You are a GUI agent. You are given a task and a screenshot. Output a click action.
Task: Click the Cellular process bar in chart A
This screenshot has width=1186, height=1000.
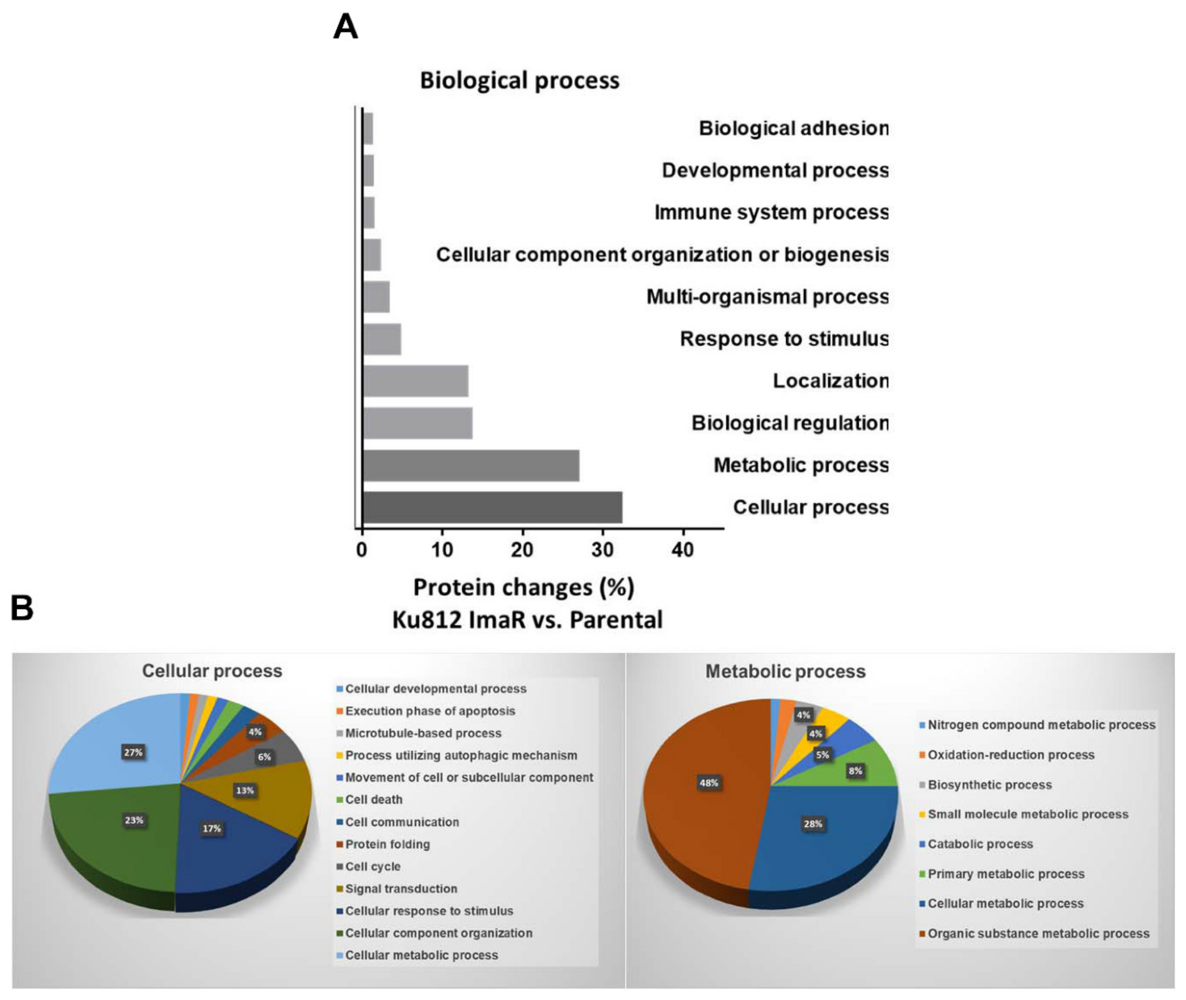[x=492, y=507]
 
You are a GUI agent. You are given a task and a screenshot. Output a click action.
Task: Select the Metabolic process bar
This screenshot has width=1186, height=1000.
[x=470, y=466]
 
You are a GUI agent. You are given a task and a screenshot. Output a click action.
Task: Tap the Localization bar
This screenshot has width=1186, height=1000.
[x=416, y=381]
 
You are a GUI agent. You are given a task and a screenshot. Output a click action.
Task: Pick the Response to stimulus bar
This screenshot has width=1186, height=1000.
[x=382, y=339]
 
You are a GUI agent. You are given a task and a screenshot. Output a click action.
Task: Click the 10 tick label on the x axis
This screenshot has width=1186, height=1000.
[x=442, y=549]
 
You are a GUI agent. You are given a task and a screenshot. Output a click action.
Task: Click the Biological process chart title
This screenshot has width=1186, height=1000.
[x=519, y=80]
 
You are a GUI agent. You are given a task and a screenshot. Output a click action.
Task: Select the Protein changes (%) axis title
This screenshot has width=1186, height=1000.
[x=524, y=587]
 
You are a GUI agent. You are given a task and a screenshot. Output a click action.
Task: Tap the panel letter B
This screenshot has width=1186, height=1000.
[x=22, y=608]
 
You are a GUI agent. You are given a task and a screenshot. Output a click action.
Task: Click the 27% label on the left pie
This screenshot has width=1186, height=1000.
[x=133, y=752]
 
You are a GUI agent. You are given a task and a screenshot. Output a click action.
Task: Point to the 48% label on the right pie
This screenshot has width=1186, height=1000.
[x=708, y=783]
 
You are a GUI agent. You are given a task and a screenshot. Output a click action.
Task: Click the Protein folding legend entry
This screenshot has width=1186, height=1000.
[x=388, y=844]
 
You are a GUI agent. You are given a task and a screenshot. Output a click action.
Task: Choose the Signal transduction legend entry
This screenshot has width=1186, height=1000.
[x=401, y=888]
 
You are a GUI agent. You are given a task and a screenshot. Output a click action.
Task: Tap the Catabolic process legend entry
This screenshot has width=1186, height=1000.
[x=980, y=844]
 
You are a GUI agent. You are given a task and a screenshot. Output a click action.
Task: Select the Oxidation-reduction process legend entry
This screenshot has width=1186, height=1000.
[x=1011, y=755]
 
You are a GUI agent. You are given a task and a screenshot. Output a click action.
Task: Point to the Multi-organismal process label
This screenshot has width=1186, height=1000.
[x=767, y=297]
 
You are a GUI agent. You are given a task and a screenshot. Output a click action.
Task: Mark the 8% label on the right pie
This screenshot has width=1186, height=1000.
[x=855, y=771]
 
